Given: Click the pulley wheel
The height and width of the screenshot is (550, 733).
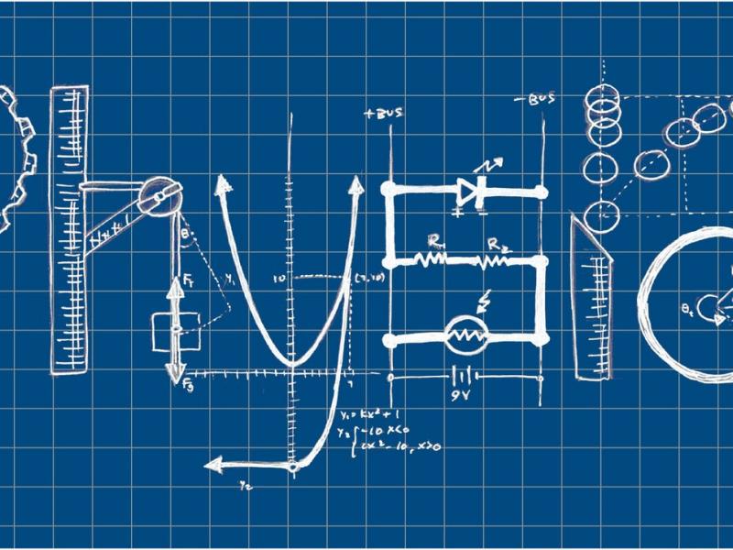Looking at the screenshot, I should [157, 192].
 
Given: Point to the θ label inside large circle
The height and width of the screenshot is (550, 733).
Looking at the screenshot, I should [689, 309].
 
